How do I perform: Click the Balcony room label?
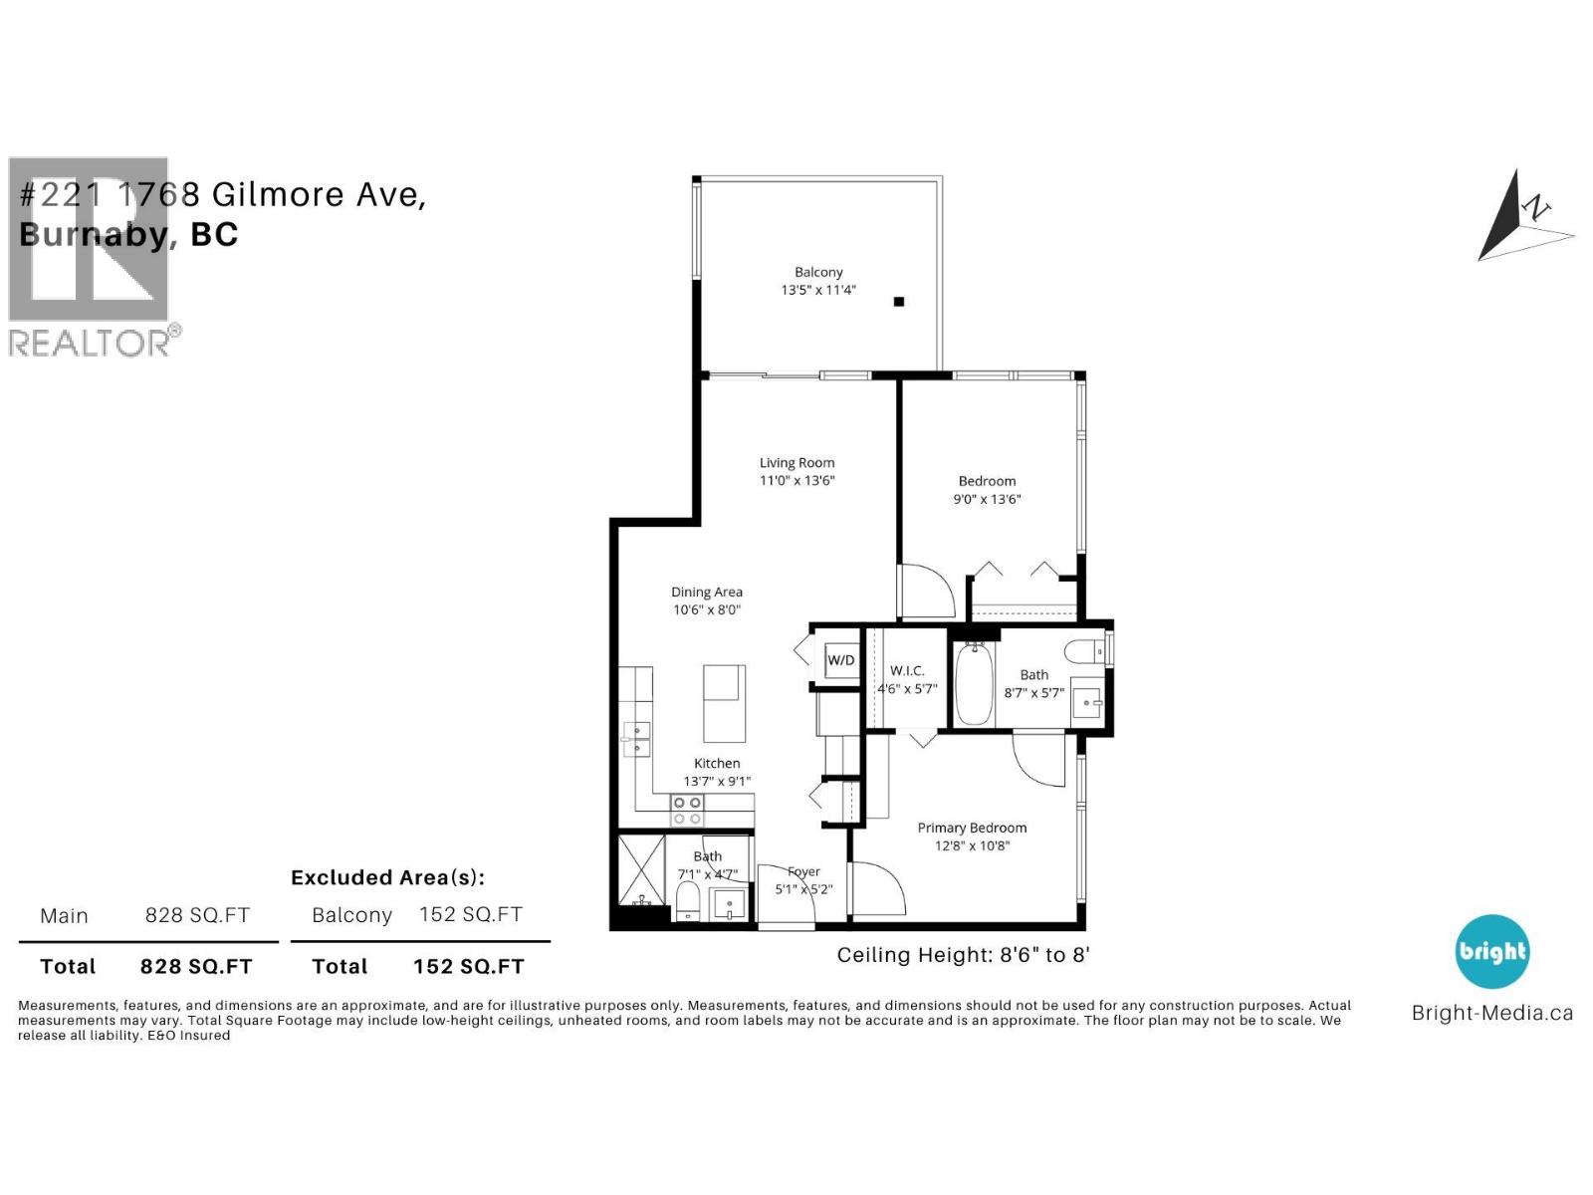818,272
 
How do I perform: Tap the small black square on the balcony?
899,302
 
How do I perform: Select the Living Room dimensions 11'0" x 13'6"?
796,481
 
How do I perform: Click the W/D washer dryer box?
841,660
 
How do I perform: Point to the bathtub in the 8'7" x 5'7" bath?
974,685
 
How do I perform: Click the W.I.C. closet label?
907,671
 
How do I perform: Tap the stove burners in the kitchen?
687,811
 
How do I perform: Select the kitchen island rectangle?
724,704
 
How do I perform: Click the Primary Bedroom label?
972,828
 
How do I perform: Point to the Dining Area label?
707,593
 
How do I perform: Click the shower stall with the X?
641,868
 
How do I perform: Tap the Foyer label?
803,872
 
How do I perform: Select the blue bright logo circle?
1491,952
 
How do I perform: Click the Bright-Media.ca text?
1491,1014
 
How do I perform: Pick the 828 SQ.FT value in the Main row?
197,915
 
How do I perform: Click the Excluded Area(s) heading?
387,877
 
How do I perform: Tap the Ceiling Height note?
963,955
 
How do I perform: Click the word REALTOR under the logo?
90,344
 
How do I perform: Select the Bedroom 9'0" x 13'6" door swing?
928,592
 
